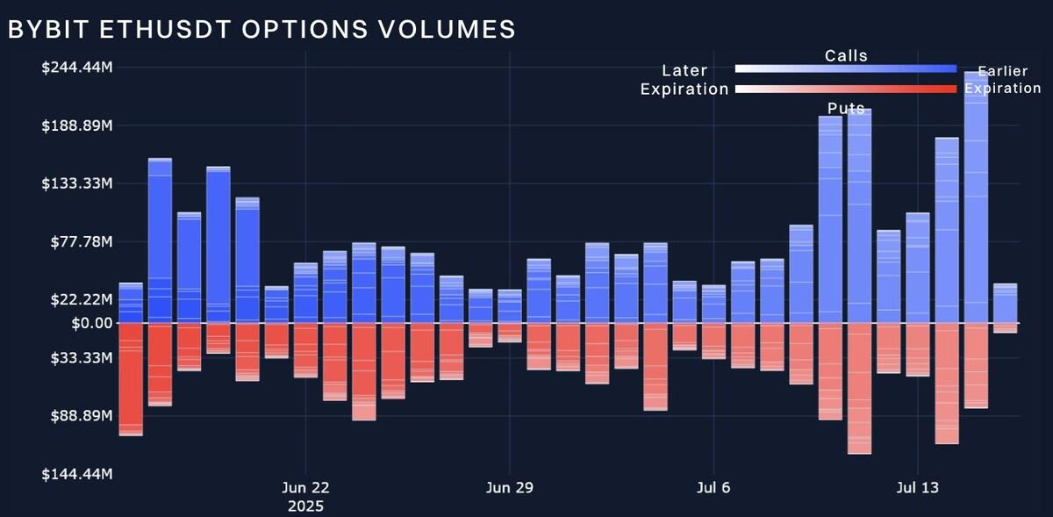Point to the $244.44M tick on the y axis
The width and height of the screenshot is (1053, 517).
[76, 68]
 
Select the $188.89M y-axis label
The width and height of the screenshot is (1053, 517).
[76, 126]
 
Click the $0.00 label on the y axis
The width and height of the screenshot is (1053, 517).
[90, 323]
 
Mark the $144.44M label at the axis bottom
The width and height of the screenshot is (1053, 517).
[76, 474]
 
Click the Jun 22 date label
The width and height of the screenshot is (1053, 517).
[305, 488]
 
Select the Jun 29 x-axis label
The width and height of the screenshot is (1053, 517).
[510, 488]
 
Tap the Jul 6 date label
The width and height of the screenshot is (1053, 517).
[713, 488]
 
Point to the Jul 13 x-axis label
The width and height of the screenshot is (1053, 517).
[917, 488]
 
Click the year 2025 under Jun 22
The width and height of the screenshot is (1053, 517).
[305, 506]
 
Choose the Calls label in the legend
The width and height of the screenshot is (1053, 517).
[846, 56]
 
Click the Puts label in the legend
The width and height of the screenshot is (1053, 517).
[846, 109]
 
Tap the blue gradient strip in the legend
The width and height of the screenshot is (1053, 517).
[845, 68]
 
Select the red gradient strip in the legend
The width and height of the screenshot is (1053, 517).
[845, 89]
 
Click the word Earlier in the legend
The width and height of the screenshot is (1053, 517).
[1002, 71]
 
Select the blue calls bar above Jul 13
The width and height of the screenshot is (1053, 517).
[918, 268]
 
